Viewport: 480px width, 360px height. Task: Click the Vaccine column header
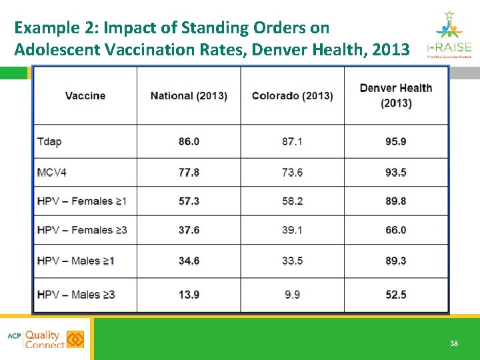(x=85, y=96)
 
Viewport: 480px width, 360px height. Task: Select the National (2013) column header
(x=189, y=96)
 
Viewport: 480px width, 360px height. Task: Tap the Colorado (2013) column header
(x=292, y=96)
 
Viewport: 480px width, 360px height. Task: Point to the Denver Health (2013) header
(x=395, y=95)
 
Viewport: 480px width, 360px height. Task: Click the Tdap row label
(x=49, y=142)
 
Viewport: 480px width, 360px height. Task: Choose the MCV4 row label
(x=52, y=173)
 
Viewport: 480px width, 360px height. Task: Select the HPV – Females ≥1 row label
(x=82, y=201)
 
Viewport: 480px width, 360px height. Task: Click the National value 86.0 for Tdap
(x=189, y=142)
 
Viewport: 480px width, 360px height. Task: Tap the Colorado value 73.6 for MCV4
(x=292, y=173)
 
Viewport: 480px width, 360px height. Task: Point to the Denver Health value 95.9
(x=395, y=142)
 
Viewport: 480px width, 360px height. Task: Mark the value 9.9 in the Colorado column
(x=292, y=295)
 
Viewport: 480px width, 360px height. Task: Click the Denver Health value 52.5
(x=395, y=295)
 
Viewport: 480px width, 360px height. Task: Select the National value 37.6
(x=189, y=230)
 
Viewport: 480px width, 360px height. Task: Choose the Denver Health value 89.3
(x=395, y=261)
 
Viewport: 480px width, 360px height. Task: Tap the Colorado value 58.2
(x=292, y=201)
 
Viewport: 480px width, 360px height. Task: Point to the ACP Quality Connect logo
(x=45, y=339)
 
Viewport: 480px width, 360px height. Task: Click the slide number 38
(x=453, y=343)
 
